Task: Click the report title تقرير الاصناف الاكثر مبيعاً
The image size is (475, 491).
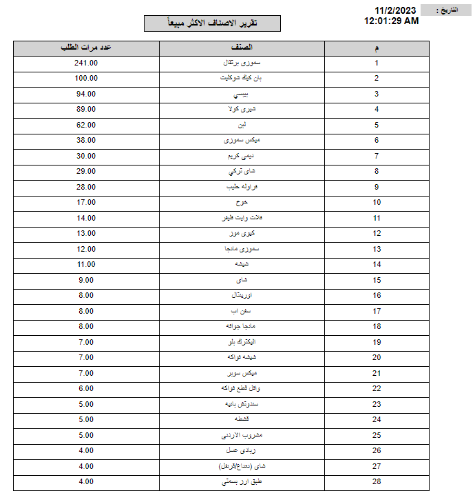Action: pos(212,23)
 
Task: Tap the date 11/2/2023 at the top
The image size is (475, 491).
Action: pos(396,10)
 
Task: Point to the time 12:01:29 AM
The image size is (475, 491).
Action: pos(391,21)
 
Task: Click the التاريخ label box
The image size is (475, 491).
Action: pos(447,10)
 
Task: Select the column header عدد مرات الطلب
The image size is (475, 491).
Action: pos(86,48)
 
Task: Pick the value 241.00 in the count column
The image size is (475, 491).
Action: pos(86,63)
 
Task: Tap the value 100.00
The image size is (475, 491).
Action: pos(86,79)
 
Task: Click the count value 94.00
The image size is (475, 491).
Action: pos(86,94)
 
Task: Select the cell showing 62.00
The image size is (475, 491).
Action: pos(86,125)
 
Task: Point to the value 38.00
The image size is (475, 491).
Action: pos(86,140)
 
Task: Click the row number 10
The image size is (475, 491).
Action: pos(377,202)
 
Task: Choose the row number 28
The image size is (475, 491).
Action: pos(377,481)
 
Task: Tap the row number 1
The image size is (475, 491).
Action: pos(377,63)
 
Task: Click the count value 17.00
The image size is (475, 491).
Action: pos(86,202)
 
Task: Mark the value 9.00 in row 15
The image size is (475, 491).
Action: pos(86,280)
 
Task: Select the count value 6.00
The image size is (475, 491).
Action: pos(86,388)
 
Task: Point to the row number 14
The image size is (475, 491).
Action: pos(377,264)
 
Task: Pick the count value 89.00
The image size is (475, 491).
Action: pos(86,109)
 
